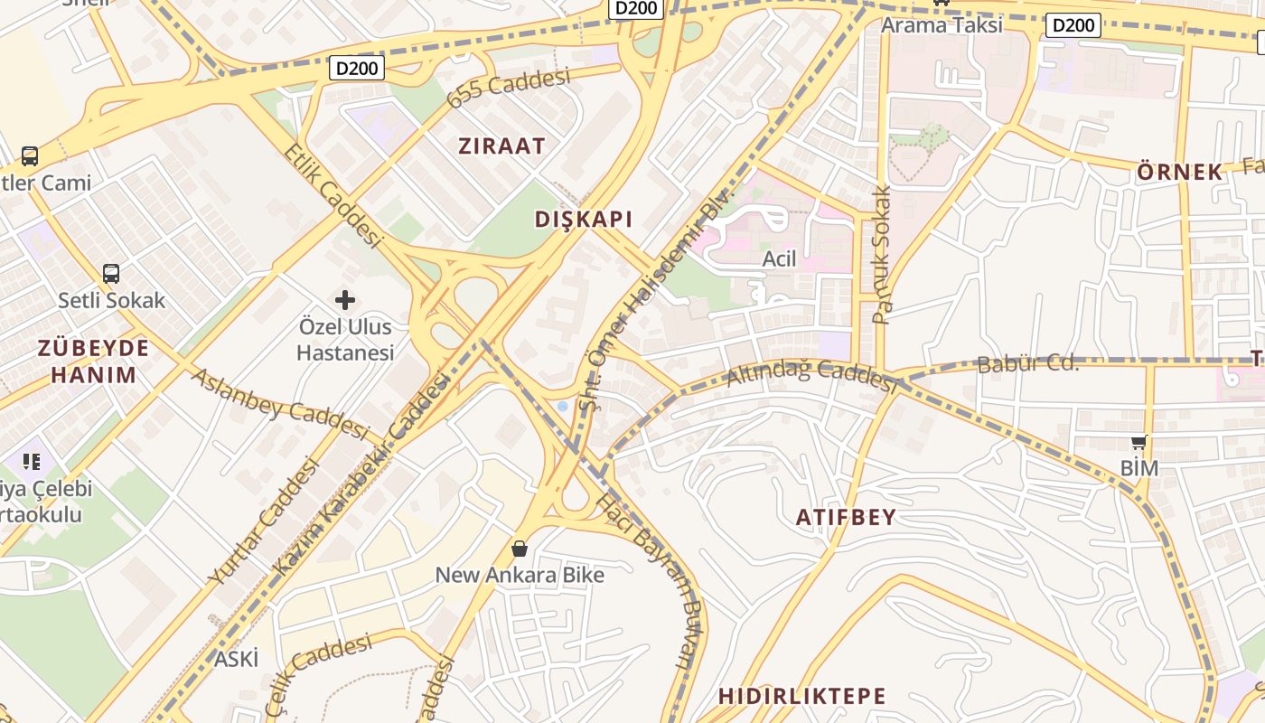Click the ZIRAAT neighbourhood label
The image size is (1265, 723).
pos(501,146)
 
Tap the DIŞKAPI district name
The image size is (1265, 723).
pos(584,219)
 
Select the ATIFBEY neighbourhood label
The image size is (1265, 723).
pos(846,517)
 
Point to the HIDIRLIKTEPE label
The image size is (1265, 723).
pos(802,696)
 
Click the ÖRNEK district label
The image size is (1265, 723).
pos(1180,172)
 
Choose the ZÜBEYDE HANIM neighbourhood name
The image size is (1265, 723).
pos(93,361)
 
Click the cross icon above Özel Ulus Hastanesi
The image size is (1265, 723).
pos(345,299)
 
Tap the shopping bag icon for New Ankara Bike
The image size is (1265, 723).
pos(520,548)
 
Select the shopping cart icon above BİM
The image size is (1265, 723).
pos(1138,442)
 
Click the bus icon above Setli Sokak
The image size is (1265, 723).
pos(111,273)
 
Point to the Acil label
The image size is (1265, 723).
pos(779,259)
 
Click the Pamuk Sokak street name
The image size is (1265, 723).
pos(882,255)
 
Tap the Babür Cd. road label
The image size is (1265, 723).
pos(1027,364)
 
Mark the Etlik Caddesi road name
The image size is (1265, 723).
pos(333,194)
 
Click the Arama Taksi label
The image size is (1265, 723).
pos(942,24)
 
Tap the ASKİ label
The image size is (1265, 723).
pos(236,659)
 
